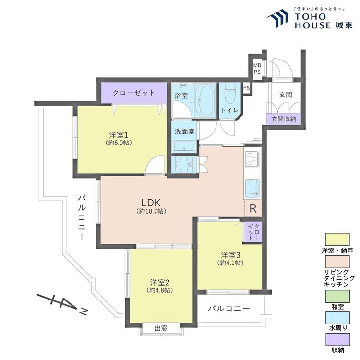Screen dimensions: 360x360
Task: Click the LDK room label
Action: click(151, 203)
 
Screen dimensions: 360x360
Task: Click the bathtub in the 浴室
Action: click(205, 100)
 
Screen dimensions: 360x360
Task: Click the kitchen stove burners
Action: click(252, 159)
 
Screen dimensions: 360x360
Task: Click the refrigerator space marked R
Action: click(253, 208)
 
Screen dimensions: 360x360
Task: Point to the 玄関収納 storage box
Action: click(284, 119)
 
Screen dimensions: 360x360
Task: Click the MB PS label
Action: click(257, 69)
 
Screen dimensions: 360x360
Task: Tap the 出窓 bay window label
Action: click(161, 328)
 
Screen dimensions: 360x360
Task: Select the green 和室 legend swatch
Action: click(337, 297)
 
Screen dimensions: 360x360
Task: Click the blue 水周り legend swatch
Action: click(337, 318)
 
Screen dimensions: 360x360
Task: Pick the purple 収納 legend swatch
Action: click(337, 339)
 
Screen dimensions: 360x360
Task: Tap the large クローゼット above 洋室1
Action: click(134, 93)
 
